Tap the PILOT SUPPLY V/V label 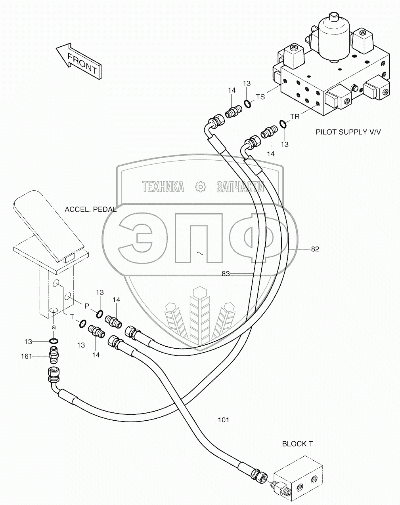(348, 132)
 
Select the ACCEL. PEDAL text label (91, 209)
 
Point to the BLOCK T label (297, 444)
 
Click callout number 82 (315, 249)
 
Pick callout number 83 (226, 273)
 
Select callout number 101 (224, 420)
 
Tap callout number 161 (27, 356)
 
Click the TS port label (260, 97)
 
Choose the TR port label (295, 117)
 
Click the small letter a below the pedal (54, 328)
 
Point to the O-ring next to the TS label (247, 104)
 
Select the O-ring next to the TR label (283, 125)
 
